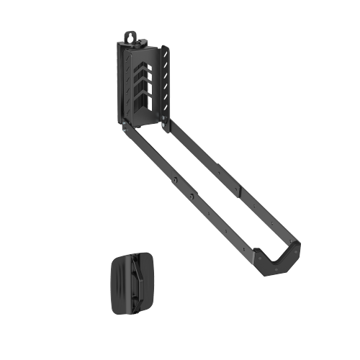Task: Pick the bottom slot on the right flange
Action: [166, 115]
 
